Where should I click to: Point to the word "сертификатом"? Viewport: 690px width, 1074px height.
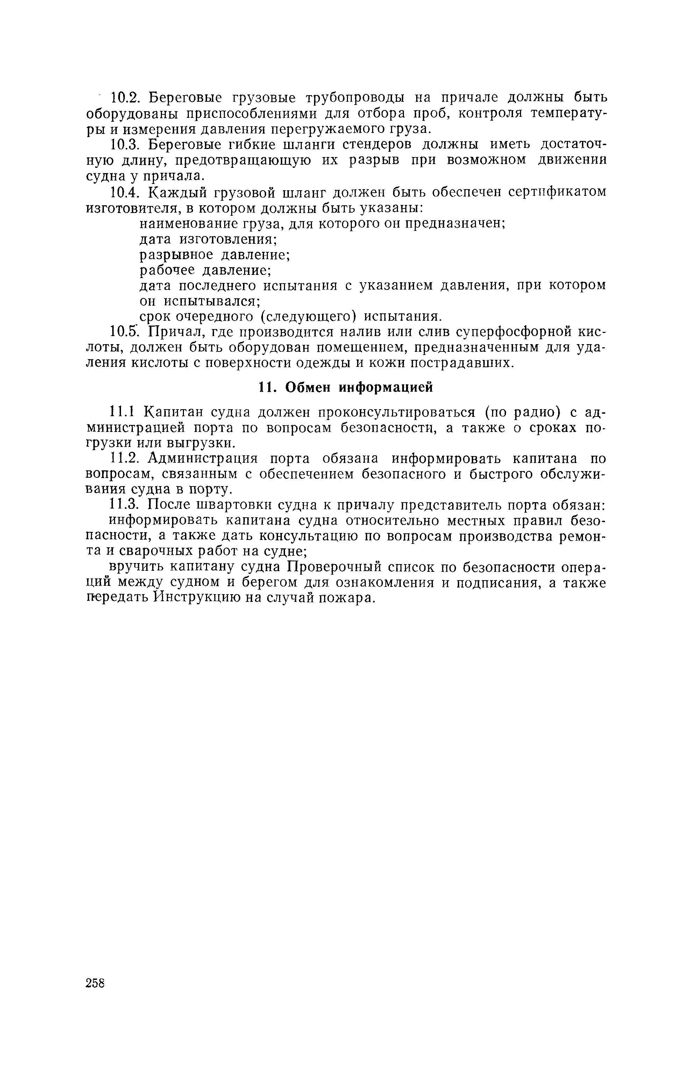[557, 192]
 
